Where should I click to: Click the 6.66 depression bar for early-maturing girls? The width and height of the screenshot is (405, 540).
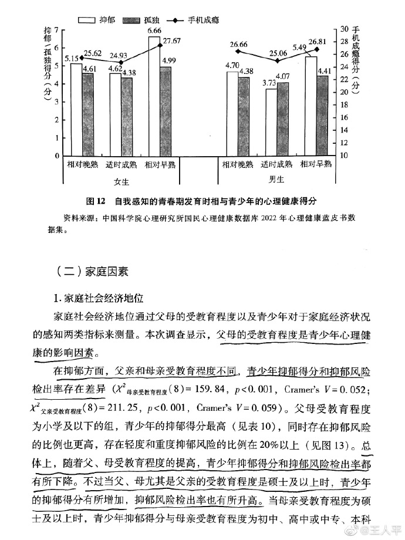coord(154,97)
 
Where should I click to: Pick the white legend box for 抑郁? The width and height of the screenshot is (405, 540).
coord(86,19)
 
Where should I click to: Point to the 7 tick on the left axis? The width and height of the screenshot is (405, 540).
coord(57,29)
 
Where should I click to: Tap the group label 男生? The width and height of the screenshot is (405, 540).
coord(276,179)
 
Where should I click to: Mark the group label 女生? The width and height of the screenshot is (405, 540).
coord(122,180)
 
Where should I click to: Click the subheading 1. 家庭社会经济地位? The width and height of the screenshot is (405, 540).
coord(99,298)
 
